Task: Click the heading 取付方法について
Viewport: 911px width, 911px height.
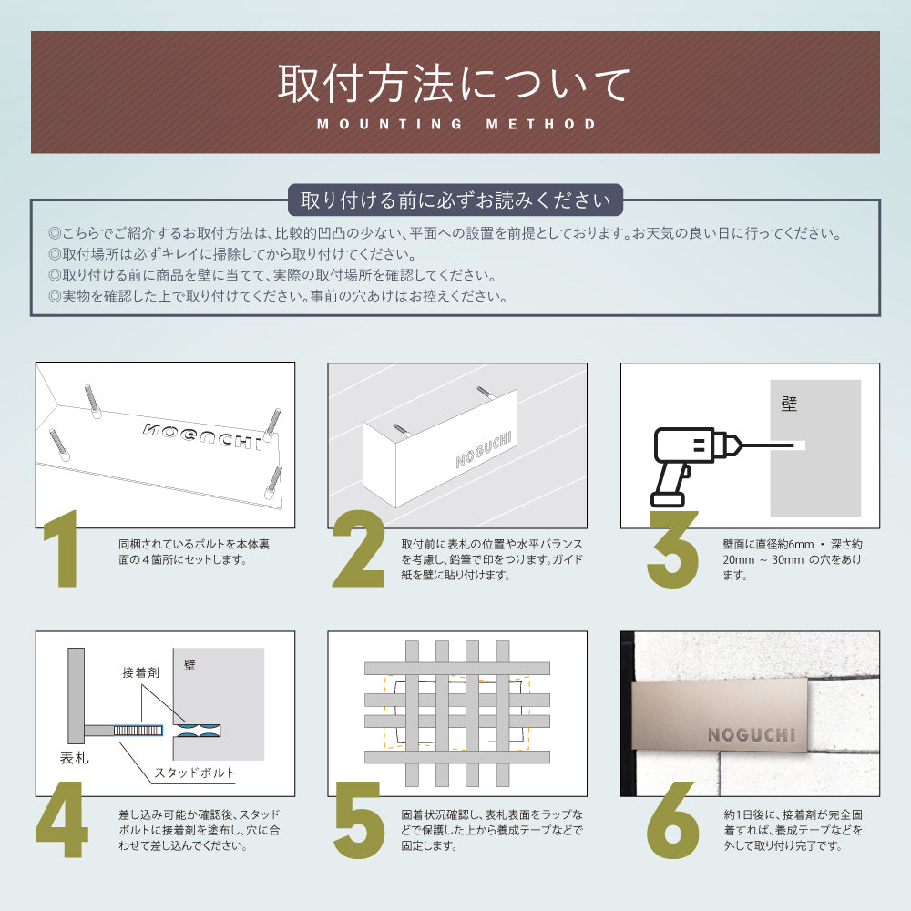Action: (455, 84)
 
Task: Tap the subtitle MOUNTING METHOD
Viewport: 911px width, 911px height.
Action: (456, 124)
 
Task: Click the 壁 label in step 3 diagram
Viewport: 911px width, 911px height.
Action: (789, 404)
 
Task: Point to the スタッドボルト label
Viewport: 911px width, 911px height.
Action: (193, 773)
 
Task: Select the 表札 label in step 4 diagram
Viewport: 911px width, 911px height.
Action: (74, 758)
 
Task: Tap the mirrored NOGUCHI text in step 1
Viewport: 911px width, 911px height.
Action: (202, 435)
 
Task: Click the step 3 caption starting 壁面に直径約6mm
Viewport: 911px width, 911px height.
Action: (792, 559)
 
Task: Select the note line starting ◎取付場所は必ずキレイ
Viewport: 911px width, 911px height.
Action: (232, 254)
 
